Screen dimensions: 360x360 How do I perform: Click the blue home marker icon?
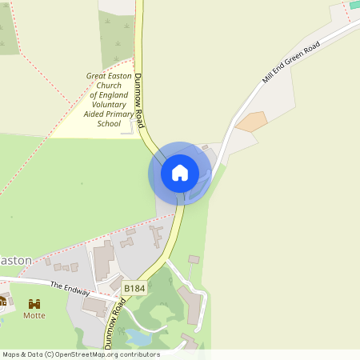(180, 173)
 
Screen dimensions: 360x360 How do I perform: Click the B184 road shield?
(134, 287)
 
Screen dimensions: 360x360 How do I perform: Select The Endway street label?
(67, 286)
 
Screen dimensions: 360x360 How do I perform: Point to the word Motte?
(34, 315)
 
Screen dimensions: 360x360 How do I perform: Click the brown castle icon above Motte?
(34, 304)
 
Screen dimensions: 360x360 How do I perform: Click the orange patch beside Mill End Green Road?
(252, 122)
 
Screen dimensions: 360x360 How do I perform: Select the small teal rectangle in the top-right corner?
(354, 5)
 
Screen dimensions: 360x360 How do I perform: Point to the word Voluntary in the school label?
(109, 105)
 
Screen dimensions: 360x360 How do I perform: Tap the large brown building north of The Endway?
(103, 262)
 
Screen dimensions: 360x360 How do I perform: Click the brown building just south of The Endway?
(94, 306)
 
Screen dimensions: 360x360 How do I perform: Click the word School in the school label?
(109, 124)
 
